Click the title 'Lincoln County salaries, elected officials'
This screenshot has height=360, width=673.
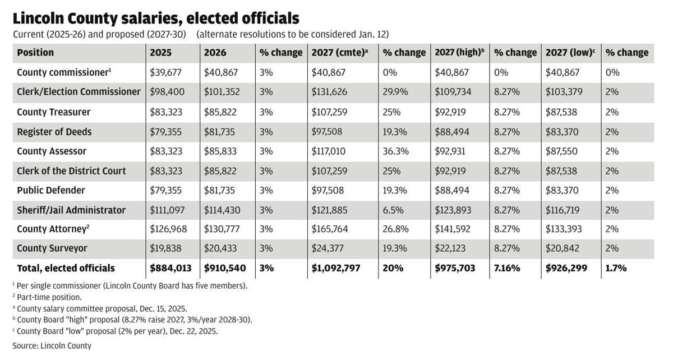point(156,18)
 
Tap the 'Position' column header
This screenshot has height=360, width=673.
point(35,53)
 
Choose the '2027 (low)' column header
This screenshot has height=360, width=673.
point(570,53)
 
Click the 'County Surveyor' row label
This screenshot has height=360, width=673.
point(52,248)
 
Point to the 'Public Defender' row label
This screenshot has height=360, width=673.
point(51,190)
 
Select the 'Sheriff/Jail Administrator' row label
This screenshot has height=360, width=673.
point(71,210)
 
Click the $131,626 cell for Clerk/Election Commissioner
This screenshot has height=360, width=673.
point(329,92)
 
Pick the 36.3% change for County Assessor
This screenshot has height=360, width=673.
point(395,151)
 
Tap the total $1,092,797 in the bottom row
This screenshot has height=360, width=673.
point(336,268)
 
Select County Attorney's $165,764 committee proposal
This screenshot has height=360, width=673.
point(329,229)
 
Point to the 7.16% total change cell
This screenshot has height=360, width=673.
point(507,268)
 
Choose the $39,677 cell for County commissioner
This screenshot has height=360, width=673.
point(167,72)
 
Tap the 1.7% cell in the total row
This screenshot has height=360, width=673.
point(616,268)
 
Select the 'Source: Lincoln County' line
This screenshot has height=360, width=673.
point(52,345)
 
